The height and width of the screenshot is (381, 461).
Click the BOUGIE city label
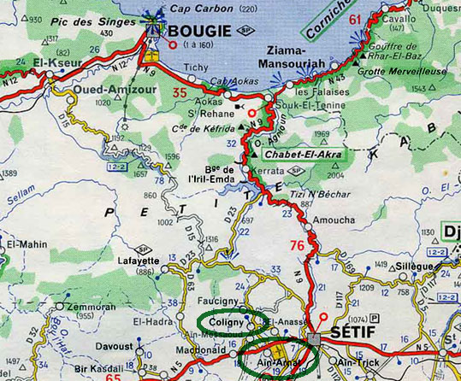click(x=200, y=32)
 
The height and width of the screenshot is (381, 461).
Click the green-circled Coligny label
click(x=222, y=322)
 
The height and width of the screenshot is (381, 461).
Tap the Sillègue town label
click(x=414, y=266)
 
